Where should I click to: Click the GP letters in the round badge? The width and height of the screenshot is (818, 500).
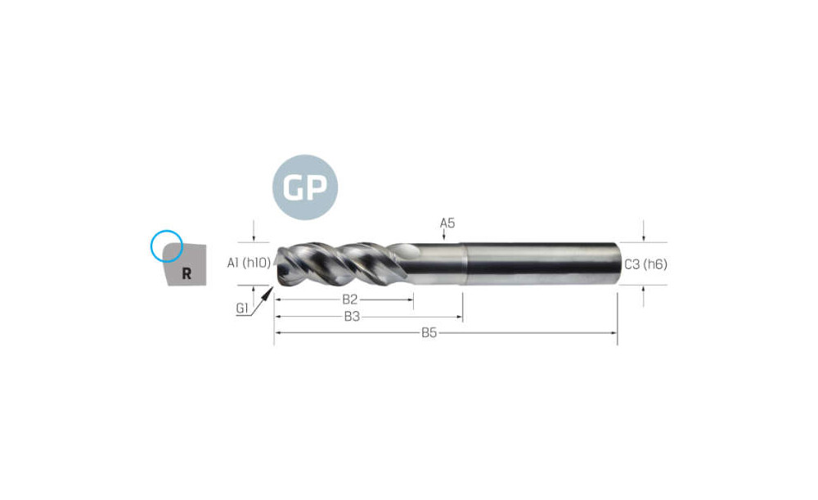point(305,187)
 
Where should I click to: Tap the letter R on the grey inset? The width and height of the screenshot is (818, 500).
point(187,273)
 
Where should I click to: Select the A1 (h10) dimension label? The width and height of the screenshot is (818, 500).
point(249,263)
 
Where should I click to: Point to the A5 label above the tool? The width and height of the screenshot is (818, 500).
point(447,223)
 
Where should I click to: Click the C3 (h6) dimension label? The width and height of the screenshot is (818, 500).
point(645,264)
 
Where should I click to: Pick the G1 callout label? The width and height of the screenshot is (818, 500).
point(241,308)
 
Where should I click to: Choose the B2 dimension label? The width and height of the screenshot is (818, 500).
point(349,299)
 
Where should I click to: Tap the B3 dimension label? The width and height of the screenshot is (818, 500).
point(352,316)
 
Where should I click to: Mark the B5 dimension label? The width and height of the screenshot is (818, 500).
point(429,332)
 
